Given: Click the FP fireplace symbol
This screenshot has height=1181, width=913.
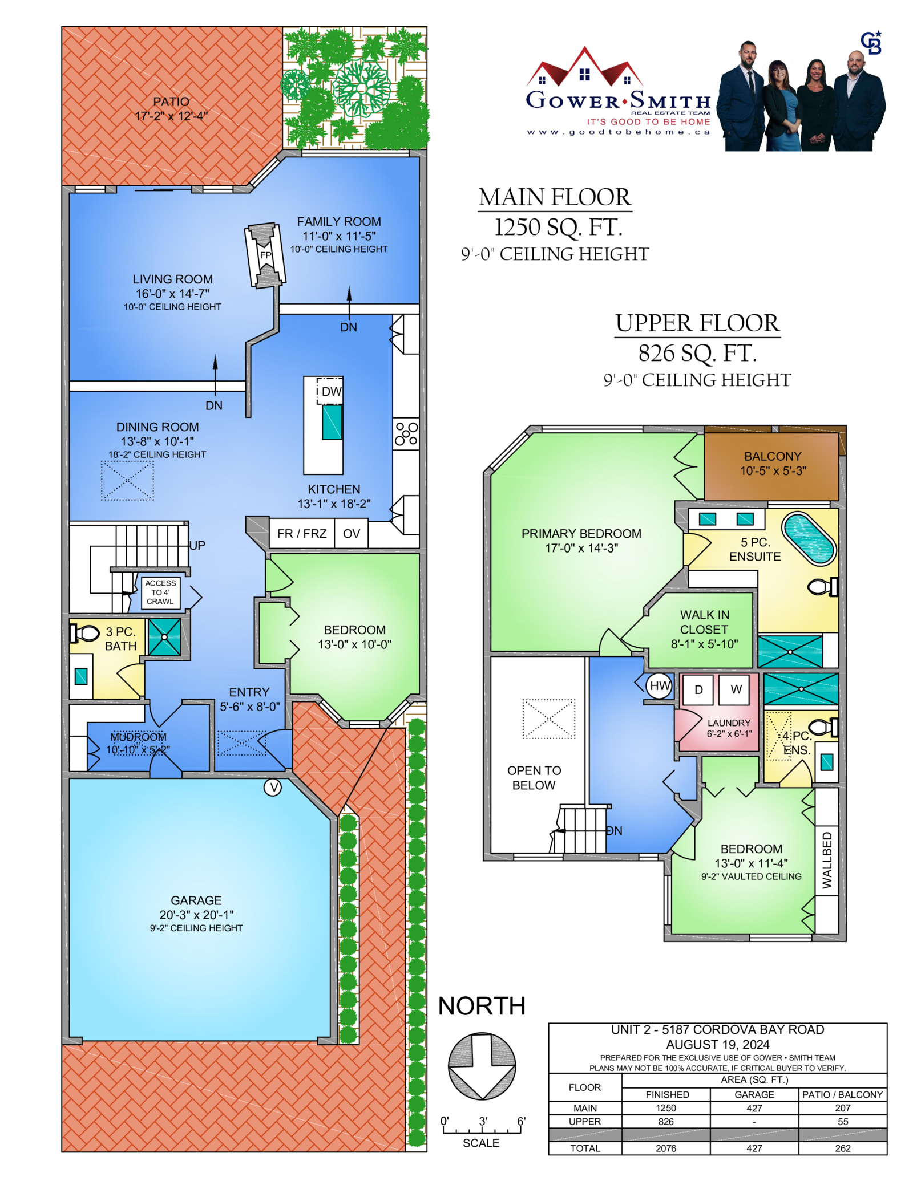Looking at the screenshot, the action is point(265,254).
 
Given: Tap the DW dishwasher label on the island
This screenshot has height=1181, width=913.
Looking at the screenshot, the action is point(331,391).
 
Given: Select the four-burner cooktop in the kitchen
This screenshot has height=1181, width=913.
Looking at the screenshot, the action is point(406,433).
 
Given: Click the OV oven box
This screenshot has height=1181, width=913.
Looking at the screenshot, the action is point(351,533).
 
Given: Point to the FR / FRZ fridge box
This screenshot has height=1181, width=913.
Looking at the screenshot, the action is point(302,533).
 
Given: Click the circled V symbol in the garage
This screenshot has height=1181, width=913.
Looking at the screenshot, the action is point(273,788).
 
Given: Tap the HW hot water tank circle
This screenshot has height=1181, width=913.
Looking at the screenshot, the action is point(660,686).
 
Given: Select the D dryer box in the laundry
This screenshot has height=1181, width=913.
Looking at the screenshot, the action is point(698,689).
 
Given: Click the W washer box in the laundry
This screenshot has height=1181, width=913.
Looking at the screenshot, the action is point(736,689).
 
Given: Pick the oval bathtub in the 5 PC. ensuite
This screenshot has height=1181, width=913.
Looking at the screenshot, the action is point(809,539).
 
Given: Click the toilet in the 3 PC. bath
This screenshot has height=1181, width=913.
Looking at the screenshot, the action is point(84,633).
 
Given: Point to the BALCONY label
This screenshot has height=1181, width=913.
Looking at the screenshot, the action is point(773,456).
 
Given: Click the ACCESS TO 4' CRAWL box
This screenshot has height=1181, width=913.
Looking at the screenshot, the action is point(160,592).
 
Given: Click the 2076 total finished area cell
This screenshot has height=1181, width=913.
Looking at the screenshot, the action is point(665,1148).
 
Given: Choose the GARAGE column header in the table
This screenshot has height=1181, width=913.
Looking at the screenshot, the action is point(754,1094).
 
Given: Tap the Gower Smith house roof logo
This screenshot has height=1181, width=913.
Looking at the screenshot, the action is point(584,67).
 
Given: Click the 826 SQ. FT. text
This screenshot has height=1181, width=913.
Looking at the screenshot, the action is point(697,353).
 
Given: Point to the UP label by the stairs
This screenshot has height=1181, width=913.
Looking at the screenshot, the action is point(197,545).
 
